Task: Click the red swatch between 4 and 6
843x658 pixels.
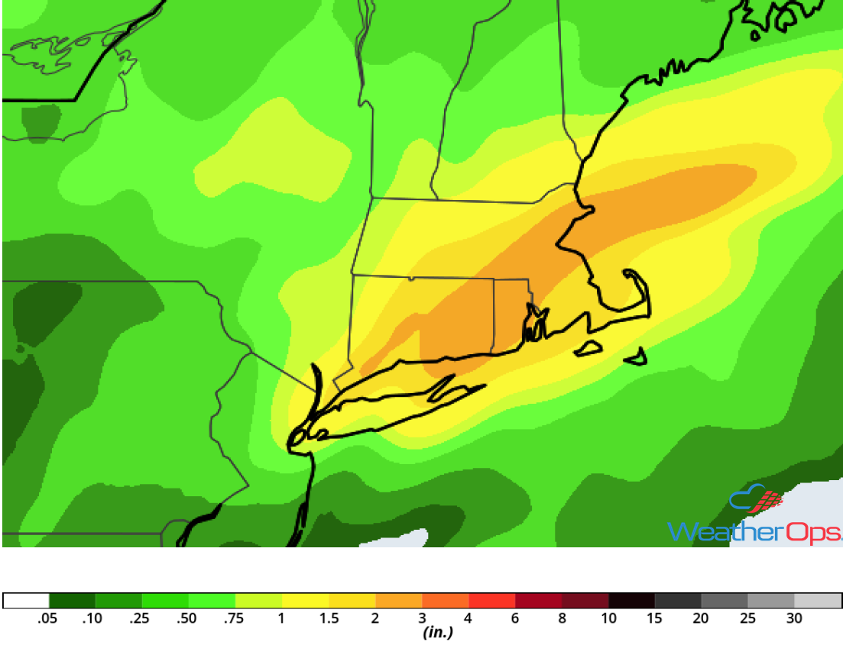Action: click(x=491, y=601)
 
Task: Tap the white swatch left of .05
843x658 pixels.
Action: click(x=26, y=601)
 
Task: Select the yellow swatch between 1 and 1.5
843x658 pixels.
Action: click(x=305, y=601)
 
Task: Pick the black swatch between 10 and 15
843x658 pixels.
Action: click(x=631, y=601)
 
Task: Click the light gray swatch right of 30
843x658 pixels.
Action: click(x=818, y=601)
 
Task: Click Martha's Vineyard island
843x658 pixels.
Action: click(x=588, y=349)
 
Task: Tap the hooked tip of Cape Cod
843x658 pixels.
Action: click(x=631, y=273)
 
